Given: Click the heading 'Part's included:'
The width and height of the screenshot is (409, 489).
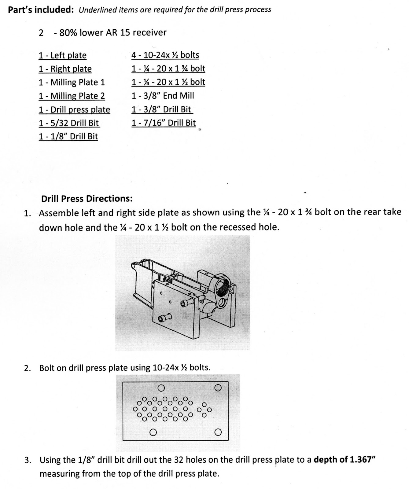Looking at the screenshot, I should pos(40,10).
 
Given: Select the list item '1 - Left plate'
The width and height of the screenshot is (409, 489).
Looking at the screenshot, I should pos(62,56).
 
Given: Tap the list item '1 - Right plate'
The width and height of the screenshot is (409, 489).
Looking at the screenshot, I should pos(65,69).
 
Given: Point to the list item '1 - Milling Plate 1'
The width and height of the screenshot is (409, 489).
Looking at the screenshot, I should pos(72,83).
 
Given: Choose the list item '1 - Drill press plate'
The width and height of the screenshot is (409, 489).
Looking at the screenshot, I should pos(74,110).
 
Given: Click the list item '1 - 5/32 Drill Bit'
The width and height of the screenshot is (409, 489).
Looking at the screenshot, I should pos(69,123).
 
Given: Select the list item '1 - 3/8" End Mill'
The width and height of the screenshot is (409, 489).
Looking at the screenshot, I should pos(163,96).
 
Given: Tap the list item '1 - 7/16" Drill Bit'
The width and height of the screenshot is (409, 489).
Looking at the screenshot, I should pos(164,123).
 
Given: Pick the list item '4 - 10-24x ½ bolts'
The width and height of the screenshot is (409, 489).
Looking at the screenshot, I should pos(165,55).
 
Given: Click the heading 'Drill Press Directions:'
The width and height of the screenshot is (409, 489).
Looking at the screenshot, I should pos(87,199).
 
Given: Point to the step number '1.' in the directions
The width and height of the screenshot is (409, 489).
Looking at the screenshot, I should pos(28,213).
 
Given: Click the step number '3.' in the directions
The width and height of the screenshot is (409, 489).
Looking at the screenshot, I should pos(28,460).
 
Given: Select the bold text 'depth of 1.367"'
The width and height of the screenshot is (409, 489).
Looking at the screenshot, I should pos(345,460).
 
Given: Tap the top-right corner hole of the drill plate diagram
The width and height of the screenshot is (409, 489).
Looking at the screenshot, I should pos(218,388).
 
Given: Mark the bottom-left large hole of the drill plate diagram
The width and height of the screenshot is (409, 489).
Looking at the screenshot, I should pos(153,432).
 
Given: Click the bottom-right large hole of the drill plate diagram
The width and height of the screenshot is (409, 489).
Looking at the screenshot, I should pos(218,432).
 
